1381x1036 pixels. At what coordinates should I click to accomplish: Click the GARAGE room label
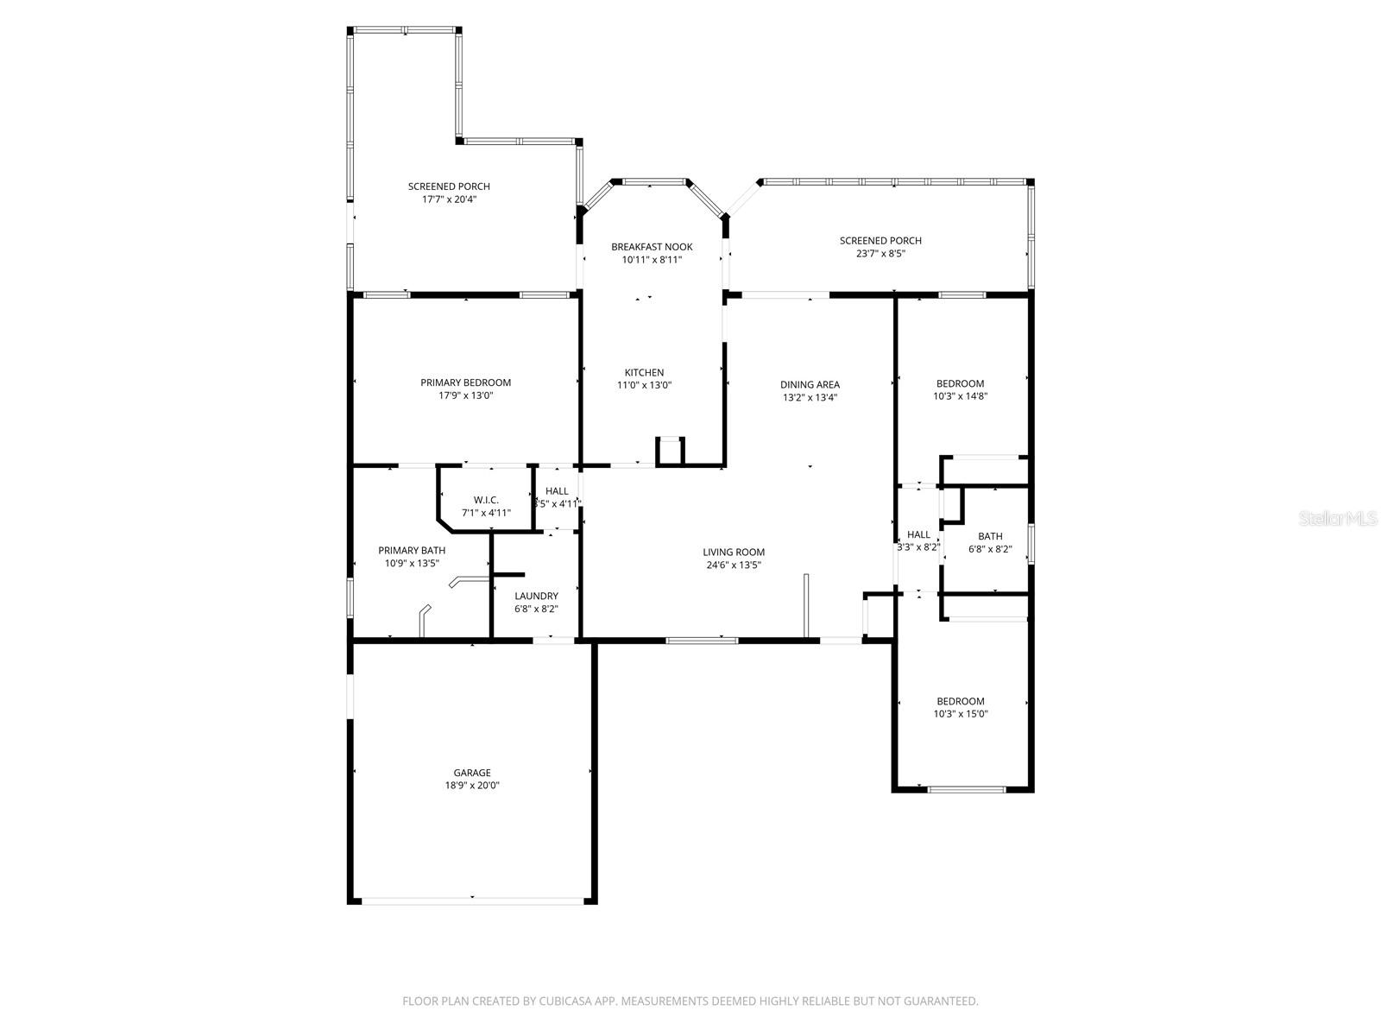(472, 773)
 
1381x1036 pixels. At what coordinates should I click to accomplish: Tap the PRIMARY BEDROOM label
(465, 382)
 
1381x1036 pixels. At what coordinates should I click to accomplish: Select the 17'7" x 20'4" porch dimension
(449, 199)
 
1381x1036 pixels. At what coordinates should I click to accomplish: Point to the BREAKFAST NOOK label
(652, 247)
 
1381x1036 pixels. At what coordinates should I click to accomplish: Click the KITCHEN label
(644, 373)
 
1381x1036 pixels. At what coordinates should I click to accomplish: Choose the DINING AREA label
(810, 385)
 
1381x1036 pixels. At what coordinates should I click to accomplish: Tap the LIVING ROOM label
(733, 553)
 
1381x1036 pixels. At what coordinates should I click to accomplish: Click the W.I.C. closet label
(486, 500)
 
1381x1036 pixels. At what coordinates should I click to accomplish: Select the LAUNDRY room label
(536, 596)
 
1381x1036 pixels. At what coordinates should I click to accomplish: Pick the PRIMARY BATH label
(412, 550)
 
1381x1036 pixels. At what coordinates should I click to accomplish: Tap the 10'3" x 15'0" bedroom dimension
(961, 714)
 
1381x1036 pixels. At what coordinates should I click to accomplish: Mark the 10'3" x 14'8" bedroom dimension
(960, 396)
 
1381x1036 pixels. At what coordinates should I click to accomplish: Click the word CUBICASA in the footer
(562, 1001)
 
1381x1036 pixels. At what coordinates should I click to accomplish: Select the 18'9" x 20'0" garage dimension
(472, 786)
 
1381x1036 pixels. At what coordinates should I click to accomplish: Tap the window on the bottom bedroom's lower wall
(967, 789)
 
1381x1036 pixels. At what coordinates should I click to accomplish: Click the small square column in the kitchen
(671, 451)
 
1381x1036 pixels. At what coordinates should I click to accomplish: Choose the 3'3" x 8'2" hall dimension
(918, 547)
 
